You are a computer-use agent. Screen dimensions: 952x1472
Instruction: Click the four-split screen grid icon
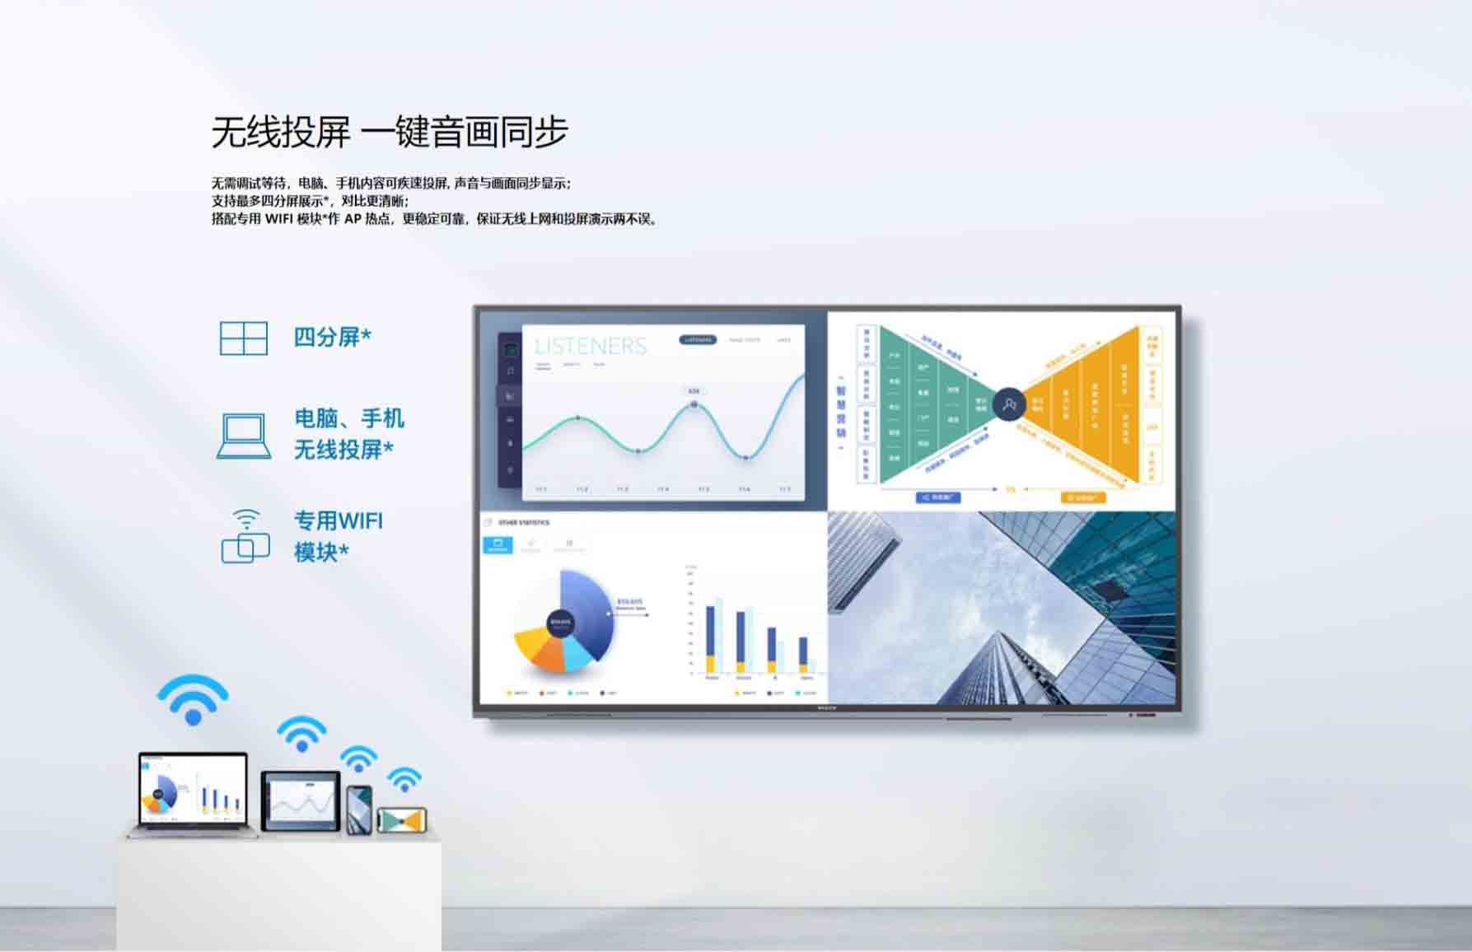point(243,338)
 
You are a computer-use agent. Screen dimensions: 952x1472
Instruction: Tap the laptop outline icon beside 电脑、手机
point(243,435)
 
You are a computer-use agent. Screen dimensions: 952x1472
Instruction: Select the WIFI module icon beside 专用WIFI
point(245,536)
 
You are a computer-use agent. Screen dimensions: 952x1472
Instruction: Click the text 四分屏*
point(332,337)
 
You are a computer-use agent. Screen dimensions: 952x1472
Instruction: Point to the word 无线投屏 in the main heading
point(280,133)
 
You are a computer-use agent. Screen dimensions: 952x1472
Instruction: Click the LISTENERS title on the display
point(591,346)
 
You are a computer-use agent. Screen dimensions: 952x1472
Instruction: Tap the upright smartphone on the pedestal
point(358,809)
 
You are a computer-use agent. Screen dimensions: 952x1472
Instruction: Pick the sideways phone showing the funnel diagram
point(401,820)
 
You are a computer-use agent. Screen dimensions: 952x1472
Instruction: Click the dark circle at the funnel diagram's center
point(1008,404)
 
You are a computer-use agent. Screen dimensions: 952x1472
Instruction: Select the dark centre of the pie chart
point(560,622)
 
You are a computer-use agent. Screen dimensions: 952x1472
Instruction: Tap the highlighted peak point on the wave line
point(694,404)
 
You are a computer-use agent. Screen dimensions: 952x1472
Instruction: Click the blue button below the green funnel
point(937,497)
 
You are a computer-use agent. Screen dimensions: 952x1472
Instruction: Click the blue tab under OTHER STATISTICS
point(498,544)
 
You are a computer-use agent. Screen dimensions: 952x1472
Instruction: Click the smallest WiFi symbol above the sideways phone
point(404,779)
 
